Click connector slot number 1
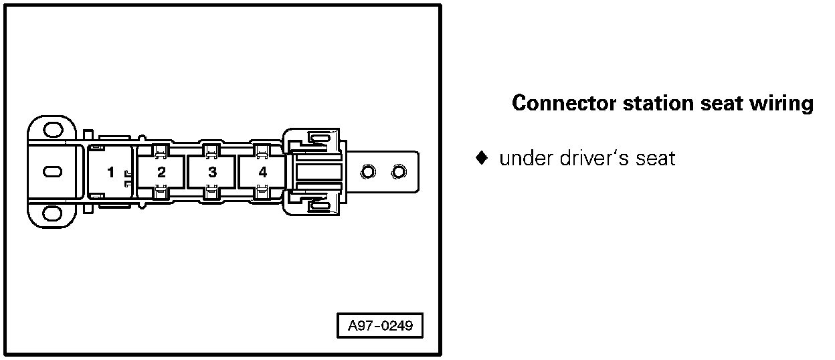click(111, 172)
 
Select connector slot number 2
click(161, 172)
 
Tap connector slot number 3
click(212, 172)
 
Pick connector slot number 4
click(263, 172)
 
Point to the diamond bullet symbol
click(480, 159)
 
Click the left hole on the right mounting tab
click(367, 173)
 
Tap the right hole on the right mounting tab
click(399, 173)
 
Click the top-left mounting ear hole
click(50, 129)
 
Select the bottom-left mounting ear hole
click(50, 214)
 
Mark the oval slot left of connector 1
click(51, 171)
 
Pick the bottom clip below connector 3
click(211, 193)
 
